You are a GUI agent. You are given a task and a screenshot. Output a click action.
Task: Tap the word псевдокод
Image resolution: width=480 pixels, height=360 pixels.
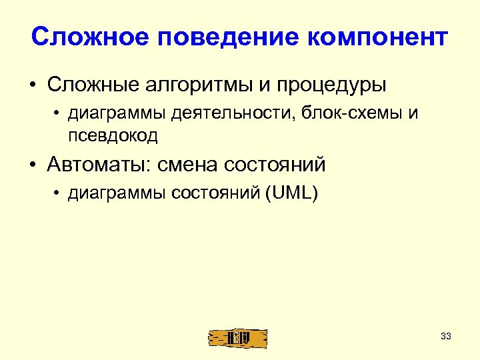[x=112, y=136]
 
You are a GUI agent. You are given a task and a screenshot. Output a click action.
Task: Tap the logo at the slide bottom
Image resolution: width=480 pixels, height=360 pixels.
[x=239, y=338]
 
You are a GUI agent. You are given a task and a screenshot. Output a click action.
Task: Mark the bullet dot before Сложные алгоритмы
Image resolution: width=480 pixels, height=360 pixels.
[x=32, y=87]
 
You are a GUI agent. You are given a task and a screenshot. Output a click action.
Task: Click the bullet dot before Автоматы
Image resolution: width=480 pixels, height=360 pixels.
[x=32, y=164]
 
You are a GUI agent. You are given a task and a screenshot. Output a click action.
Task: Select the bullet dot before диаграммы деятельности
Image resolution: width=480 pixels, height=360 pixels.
[x=59, y=114]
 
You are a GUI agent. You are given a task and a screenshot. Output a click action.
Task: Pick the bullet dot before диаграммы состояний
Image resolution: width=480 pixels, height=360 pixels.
[x=59, y=193]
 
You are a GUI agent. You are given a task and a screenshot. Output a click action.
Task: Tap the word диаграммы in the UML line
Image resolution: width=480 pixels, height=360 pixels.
[x=117, y=193]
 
